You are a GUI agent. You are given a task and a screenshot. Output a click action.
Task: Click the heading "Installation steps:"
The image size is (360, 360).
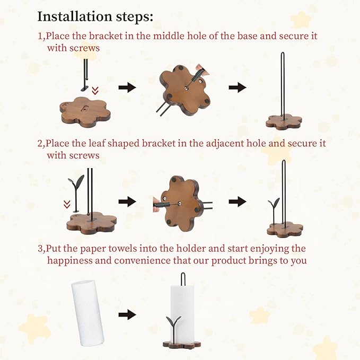(x=95, y=16)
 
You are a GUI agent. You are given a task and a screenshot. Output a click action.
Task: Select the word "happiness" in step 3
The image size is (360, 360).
(x=73, y=260)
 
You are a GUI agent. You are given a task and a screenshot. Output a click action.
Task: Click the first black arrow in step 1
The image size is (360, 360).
(x=127, y=88)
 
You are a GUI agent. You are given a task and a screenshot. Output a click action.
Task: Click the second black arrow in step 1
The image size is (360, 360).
(x=238, y=88)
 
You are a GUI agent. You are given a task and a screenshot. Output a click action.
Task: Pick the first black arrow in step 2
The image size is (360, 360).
(x=127, y=202)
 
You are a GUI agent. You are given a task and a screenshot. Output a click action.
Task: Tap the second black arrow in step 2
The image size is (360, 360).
(x=238, y=201)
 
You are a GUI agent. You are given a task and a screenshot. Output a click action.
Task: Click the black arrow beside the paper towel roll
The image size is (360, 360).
(x=127, y=314)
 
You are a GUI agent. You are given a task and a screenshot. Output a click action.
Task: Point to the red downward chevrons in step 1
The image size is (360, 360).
(x=95, y=90)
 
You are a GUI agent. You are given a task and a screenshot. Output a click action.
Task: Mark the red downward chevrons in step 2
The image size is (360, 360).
(x=67, y=204)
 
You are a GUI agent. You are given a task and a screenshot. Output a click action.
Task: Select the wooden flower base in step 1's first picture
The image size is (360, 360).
(x=85, y=112)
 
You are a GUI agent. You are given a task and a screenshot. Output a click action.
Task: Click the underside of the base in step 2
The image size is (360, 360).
(x=181, y=201)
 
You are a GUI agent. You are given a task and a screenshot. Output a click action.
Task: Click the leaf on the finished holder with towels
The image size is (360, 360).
(x=173, y=323)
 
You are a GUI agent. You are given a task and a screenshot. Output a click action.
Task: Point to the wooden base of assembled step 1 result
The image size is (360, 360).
(x=284, y=122)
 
